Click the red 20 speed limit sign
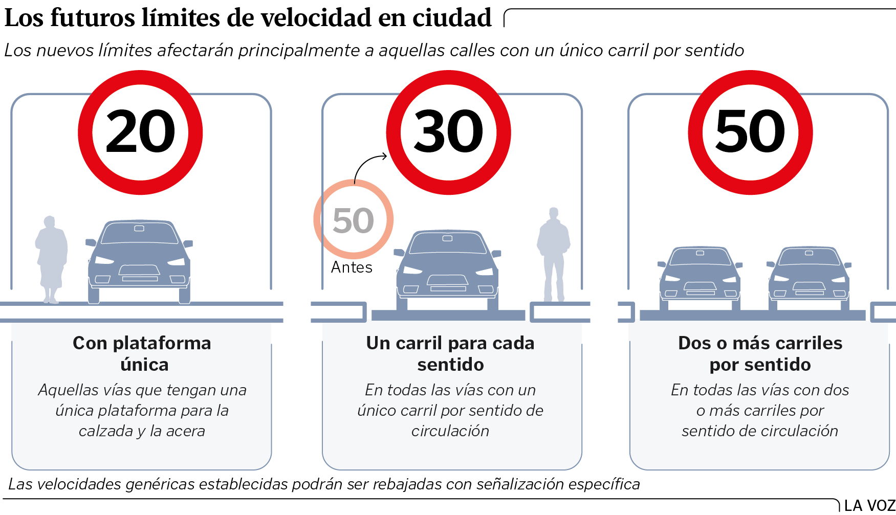pos(140,132)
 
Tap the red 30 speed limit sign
pos(448,132)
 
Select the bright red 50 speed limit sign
pos(750,132)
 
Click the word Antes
pos(352,267)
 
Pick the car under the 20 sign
pos(139,261)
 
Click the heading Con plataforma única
pos(142,353)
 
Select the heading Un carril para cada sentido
pos(450,353)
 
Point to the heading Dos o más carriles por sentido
pos(760,353)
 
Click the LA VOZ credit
pos(869,506)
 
